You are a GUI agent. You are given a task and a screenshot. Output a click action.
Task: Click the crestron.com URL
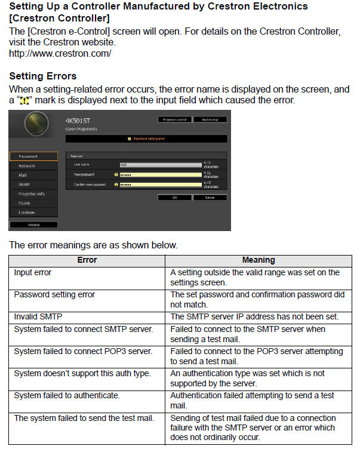click(60, 53)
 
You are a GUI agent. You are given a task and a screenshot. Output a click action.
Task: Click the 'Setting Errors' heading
click(43, 76)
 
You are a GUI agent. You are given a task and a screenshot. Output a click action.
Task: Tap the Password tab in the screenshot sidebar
click(33, 156)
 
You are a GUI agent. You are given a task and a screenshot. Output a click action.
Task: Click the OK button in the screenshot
click(174, 196)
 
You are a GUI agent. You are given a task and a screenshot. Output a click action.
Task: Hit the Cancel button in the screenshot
click(210, 196)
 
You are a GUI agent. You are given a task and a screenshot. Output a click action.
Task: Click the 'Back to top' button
click(210, 119)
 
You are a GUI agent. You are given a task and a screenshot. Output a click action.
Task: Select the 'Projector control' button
click(174, 119)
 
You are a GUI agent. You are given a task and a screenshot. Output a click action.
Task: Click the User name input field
click(160, 164)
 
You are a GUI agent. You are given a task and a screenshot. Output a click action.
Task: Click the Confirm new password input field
click(160, 185)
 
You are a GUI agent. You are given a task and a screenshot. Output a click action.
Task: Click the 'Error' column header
click(87, 260)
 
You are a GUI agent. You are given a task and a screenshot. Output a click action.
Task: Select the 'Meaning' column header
click(259, 260)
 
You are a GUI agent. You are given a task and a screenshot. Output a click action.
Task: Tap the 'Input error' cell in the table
click(33, 272)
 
